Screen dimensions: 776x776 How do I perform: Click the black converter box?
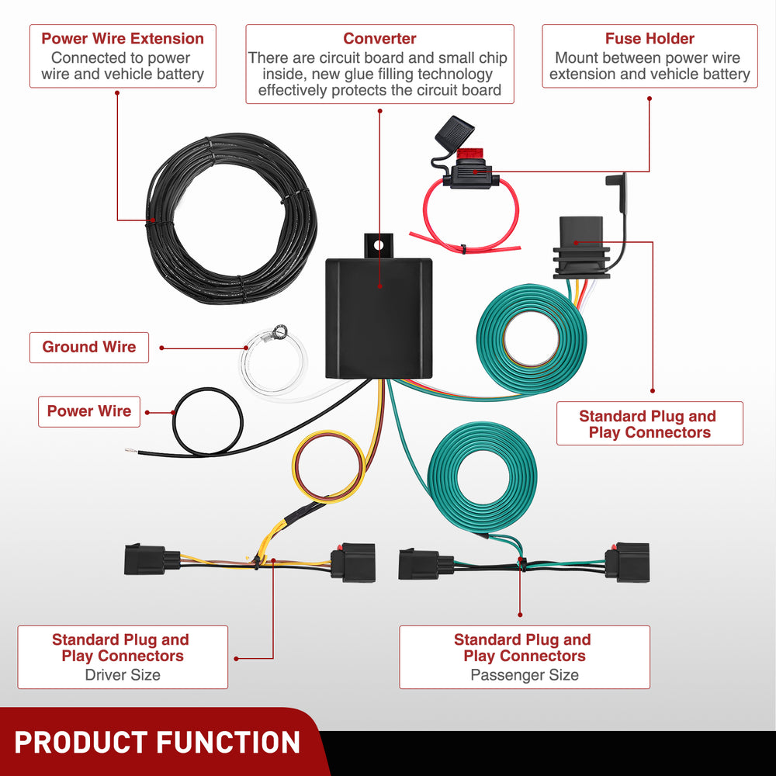pos(378,318)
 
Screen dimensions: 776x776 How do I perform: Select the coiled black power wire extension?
pos(231,217)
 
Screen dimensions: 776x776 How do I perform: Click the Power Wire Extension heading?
pos(123,39)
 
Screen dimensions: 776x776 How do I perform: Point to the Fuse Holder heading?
pos(650,39)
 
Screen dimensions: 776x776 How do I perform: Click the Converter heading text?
pos(379,39)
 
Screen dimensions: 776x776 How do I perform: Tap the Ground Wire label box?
pos(88,347)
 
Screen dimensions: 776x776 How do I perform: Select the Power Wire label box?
pos(89,411)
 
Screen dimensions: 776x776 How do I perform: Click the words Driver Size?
pos(123,675)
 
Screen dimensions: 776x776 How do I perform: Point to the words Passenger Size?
pos(525,675)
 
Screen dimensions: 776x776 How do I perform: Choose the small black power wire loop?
pos(207,423)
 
